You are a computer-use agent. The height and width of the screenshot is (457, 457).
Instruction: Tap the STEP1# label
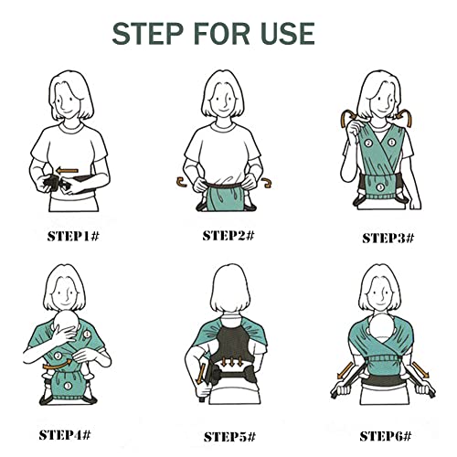pos(73,237)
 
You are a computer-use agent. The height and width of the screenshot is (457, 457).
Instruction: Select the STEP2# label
pos(228,236)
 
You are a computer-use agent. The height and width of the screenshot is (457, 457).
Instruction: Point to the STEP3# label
pos(388,238)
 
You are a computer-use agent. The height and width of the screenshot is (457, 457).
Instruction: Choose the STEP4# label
pos(65,435)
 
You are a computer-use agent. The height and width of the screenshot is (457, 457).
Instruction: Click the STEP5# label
pos(229,437)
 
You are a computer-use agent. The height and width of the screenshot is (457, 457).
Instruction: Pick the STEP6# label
pos(386,436)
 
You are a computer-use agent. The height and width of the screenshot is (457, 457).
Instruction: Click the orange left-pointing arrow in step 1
pos(68,171)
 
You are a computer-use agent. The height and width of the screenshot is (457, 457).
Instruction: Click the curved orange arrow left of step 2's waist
pos(181,182)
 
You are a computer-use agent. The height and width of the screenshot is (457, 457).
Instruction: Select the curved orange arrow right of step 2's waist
pos(267,183)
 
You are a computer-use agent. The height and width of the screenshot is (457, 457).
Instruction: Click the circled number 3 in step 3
pos(380,187)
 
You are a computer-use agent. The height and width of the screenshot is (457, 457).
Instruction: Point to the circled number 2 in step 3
pos(368,143)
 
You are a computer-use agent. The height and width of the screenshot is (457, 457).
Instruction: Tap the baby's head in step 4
pos(68,325)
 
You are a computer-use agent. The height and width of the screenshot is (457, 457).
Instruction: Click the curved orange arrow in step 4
pos(57,364)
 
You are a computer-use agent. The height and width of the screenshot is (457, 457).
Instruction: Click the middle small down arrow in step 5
pos(232,362)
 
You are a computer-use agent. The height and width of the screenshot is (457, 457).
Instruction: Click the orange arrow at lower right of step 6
pos(421,369)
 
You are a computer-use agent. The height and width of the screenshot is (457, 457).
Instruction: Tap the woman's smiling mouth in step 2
pos(224,111)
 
